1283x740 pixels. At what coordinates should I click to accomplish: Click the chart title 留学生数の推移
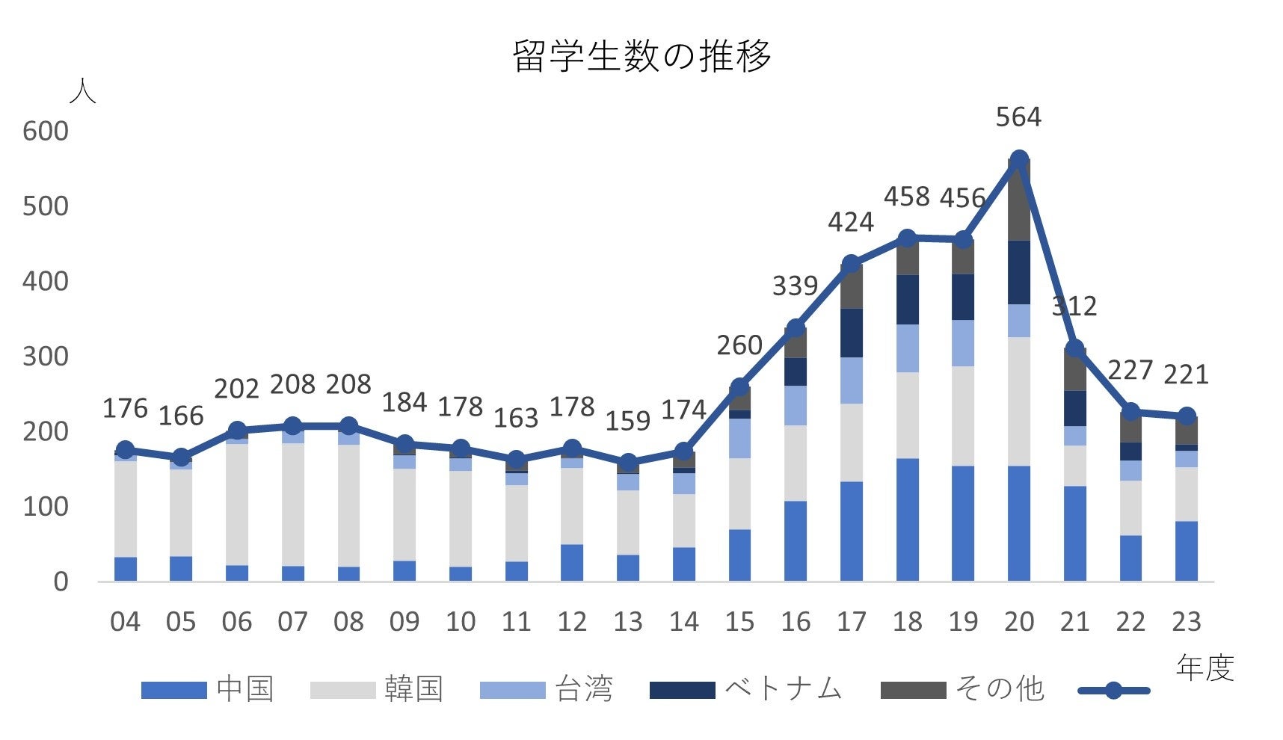pos(641,55)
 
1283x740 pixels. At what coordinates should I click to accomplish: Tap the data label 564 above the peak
pos(1018,117)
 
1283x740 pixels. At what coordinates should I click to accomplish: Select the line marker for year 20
pos(1018,159)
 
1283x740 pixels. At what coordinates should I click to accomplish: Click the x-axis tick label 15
pos(739,622)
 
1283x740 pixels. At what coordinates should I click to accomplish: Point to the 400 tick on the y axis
pos(45,282)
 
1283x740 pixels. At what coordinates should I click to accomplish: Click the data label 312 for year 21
pos(1074,306)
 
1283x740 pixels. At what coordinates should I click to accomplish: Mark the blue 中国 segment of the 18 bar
pos(907,519)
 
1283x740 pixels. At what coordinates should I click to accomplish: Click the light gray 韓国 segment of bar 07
pos(292,505)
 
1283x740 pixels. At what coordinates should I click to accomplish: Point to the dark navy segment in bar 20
pos(1018,272)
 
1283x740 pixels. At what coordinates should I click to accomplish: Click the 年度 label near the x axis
pos(1204,667)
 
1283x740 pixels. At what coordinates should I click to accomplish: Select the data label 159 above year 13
pos(627,421)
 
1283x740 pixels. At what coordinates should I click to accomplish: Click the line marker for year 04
pos(126,450)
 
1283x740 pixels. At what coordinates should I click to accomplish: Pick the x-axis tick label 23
pos(1187,622)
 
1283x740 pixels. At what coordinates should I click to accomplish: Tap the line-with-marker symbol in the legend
pos(1113,690)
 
